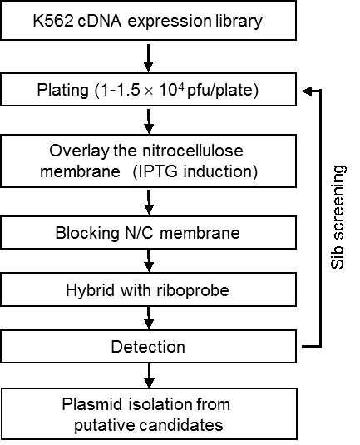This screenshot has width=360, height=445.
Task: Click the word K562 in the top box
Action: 53,21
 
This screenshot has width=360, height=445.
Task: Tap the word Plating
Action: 63,91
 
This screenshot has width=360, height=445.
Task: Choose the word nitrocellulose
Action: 192,151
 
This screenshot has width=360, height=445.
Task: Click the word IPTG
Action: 158,171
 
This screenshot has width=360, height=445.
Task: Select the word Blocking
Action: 87,233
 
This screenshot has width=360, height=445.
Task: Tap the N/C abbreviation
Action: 139,233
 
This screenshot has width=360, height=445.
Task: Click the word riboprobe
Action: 193,290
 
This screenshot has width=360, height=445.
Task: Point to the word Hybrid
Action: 91,290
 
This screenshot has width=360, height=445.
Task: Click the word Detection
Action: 148,347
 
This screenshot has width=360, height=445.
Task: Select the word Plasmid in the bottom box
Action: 92,404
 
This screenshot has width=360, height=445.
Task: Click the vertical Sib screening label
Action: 338,217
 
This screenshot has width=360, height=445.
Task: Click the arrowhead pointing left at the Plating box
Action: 307,91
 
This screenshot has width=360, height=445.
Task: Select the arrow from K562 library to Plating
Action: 148,57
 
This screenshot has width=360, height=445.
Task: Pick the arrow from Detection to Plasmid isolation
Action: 149,375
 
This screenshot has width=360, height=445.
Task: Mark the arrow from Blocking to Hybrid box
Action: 149,261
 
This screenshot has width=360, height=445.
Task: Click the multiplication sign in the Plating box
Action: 149,91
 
